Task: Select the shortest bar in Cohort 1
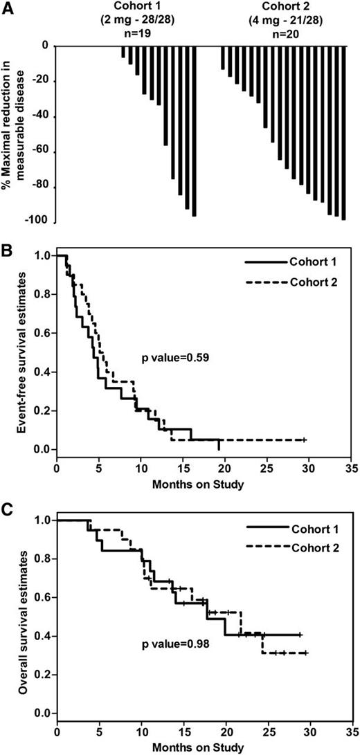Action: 123,52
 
